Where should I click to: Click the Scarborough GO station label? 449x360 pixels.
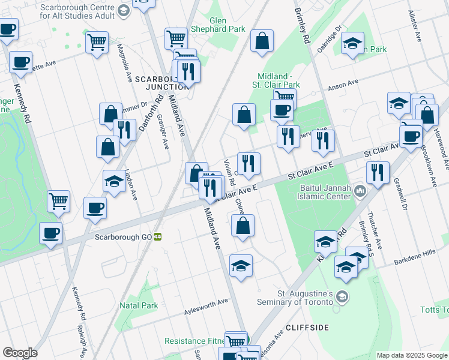point(123,236)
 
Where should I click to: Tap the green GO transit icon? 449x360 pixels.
point(158,236)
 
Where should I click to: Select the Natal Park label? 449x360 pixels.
point(139,305)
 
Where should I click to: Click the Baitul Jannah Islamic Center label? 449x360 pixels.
point(325,191)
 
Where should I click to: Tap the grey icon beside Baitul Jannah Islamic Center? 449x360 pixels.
point(360,191)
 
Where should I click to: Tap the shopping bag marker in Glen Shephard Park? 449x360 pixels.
point(262,41)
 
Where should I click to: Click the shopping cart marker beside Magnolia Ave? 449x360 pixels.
point(97,43)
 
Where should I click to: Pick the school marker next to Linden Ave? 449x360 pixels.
point(113,181)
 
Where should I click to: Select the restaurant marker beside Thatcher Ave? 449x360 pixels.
point(378,172)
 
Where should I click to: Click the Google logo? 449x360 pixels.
point(19,353)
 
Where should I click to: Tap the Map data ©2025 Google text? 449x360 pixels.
point(412,355)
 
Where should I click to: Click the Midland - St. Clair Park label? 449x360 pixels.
point(279,80)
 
